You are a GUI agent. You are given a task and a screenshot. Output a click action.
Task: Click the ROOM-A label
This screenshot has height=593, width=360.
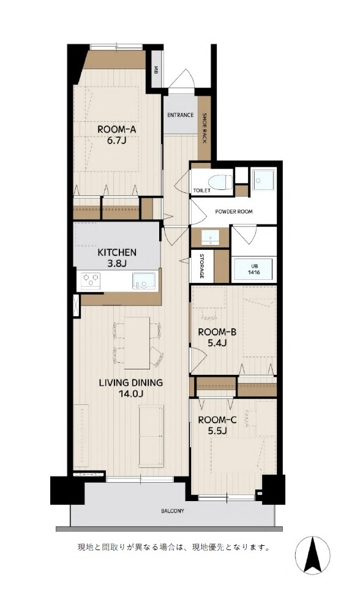coord(116,129)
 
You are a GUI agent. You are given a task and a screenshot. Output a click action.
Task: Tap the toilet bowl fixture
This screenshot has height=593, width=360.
coord(221,181)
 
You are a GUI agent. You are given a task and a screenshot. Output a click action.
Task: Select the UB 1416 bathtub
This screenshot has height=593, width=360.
coord(253,270)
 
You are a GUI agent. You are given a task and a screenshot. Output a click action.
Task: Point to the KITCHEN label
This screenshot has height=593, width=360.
coord(117,252)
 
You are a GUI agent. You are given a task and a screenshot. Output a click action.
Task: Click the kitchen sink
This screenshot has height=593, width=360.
coord(144,281)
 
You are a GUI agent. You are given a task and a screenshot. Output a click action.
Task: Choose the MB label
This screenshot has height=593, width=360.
coord(156,69)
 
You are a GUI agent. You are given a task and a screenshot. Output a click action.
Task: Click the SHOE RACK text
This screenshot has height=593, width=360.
coord(204,128)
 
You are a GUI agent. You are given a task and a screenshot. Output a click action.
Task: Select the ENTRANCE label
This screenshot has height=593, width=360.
coord(181,115)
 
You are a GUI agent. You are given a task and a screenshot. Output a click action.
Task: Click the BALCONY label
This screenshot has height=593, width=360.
coord(173,511)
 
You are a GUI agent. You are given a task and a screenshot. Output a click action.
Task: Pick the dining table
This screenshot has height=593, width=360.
coord(137,342)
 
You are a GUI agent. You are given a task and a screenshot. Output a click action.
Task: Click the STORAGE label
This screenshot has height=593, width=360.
coord(201,266)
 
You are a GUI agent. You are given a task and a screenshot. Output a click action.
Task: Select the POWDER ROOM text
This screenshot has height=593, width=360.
coord(234,211)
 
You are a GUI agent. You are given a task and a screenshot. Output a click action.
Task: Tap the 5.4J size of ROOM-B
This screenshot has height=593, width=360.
coord(217,344)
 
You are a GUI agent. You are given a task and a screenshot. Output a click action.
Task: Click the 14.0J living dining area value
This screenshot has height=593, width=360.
coord(130,394)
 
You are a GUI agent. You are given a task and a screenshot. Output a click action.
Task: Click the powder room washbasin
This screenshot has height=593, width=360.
coord(210,237)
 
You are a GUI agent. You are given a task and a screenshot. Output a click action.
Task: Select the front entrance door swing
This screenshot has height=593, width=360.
coord(181,80)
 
